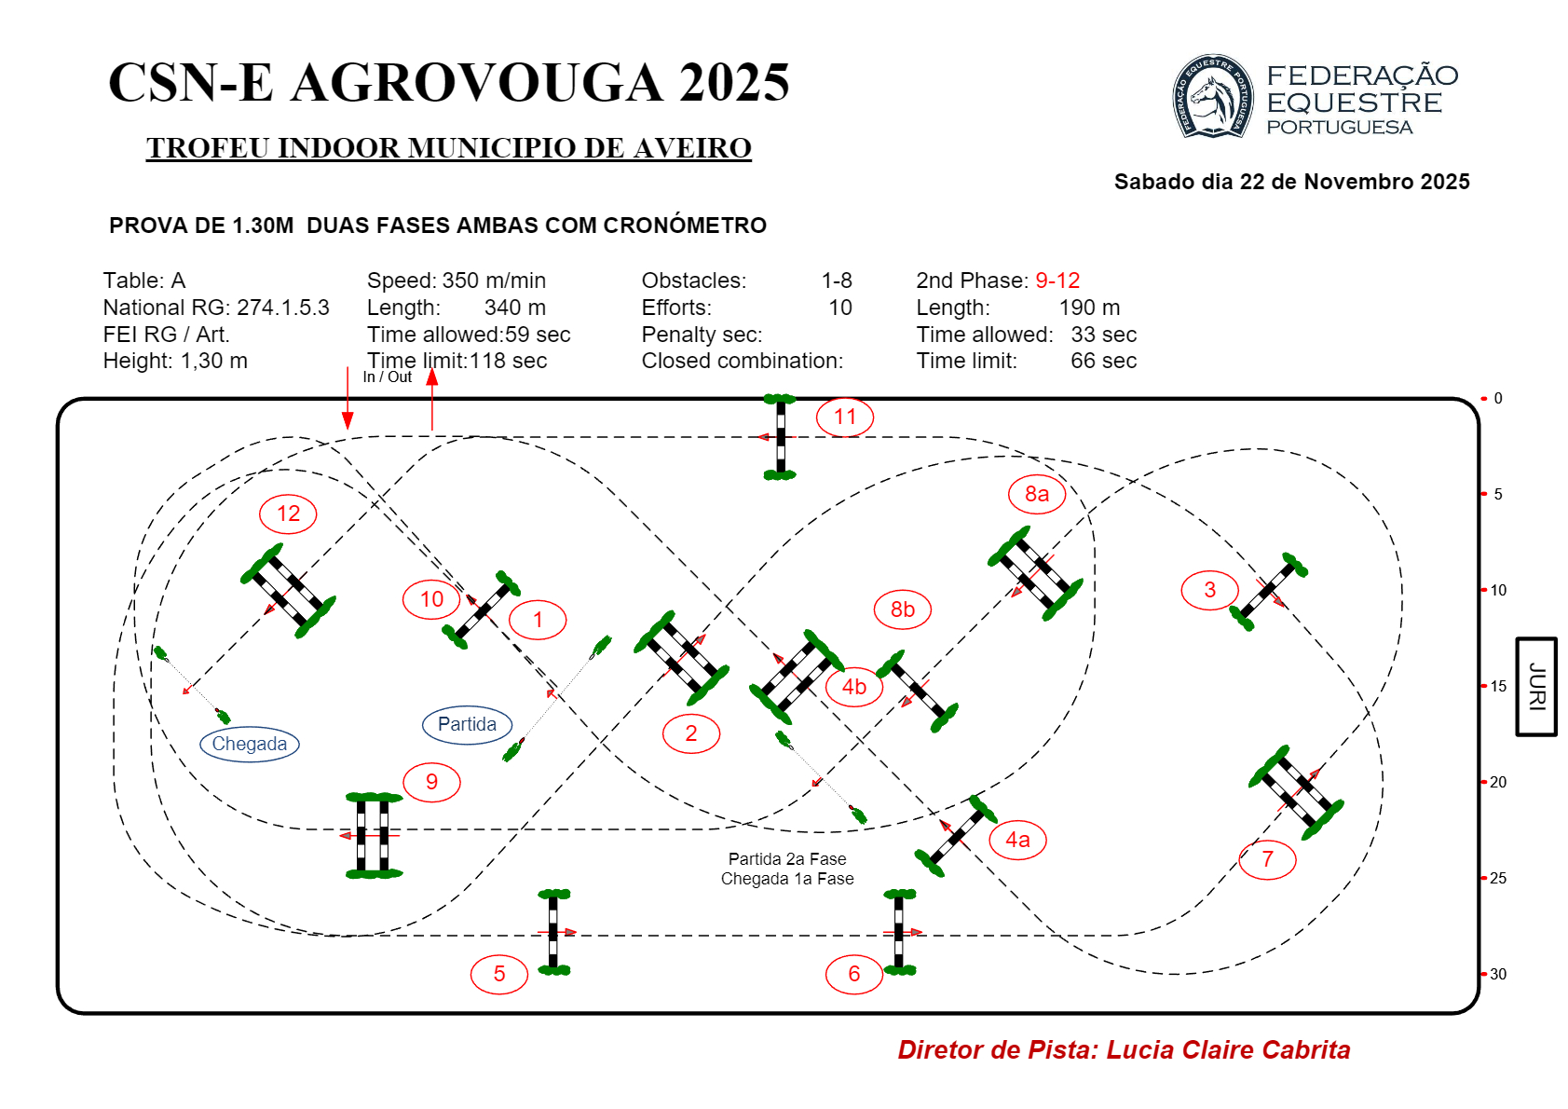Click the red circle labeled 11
844,417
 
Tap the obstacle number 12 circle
288,513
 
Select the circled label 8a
1036,494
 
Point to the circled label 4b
853,688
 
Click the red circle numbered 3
1209,590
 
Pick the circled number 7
1267,859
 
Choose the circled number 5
499,974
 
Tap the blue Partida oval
467,724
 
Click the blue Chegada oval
250,744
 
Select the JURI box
1536,687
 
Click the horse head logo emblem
1211,97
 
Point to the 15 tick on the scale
1484,686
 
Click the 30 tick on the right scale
1484,974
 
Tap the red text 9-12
1057,281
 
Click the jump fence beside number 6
899,932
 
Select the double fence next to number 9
373,836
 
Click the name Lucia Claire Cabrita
1228,1050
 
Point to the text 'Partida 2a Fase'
787,859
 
